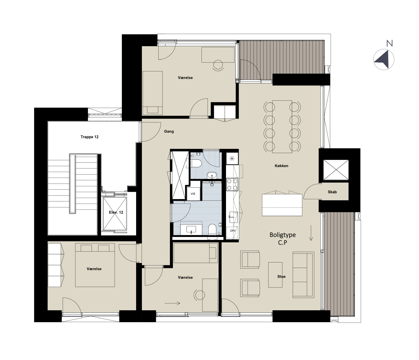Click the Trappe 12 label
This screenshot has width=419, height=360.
coord(89,137)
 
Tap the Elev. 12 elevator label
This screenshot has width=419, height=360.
coord(116,212)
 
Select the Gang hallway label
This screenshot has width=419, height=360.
coord(169,131)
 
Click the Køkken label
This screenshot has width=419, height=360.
coord(281,166)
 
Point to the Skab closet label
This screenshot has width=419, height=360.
coord(332,192)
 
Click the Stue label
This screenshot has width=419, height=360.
coord(281,276)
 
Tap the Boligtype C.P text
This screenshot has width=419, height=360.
coord(283,239)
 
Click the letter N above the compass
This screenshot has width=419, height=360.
coord(390,43)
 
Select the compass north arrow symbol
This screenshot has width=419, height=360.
coord(384,60)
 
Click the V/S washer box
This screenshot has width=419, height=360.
coord(193,194)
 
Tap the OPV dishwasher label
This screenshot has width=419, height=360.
coord(233,231)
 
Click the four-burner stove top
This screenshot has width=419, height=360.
coord(232,184)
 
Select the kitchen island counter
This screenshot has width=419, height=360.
coord(282,205)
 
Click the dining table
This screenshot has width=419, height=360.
coord(282,127)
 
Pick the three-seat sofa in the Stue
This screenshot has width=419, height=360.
coord(303,275)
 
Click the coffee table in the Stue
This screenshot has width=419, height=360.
coord(275,275)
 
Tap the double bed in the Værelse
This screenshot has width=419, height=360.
coord(95,265)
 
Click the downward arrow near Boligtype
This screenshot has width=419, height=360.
coord(311,233)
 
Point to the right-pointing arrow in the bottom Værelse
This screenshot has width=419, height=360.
coord(172,303)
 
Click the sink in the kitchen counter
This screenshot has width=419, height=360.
coord(233,217)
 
